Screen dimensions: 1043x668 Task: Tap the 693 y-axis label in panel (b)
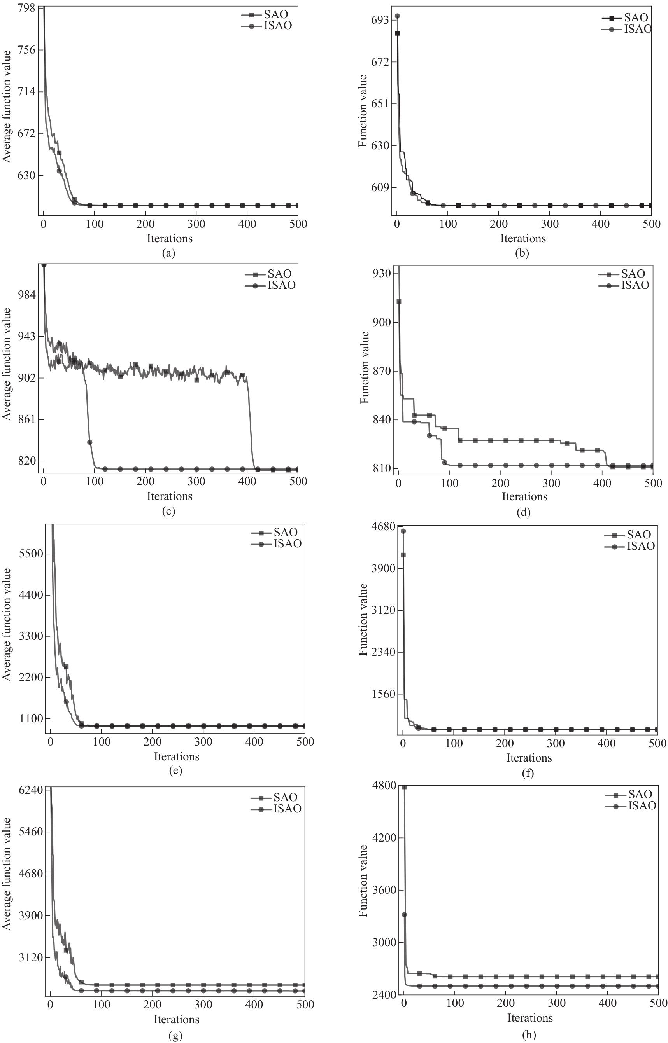pos(381,20)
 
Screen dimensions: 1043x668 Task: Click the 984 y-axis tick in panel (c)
pos(27,295)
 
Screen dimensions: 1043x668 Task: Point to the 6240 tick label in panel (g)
pos(31,790)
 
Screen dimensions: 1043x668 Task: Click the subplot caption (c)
pos(168,511)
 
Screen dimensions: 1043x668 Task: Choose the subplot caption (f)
pos(528,772)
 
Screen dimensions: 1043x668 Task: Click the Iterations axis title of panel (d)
pos(525,496)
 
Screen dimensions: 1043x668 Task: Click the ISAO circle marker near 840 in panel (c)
pos(90,442)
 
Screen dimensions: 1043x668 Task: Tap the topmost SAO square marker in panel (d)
pos(399,302)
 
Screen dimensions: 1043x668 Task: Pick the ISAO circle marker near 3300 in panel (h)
pos(404,915)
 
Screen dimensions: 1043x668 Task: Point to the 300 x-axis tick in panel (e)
pos(203,742)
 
